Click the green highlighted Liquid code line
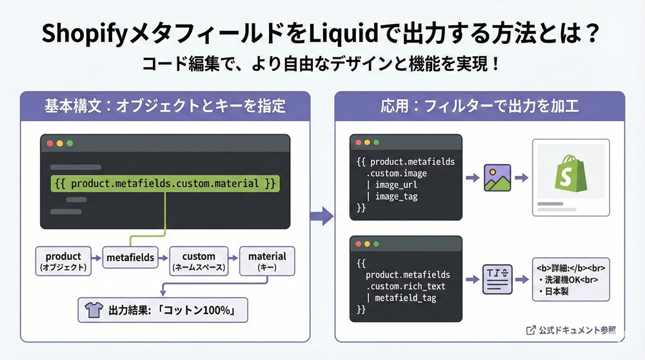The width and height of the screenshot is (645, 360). point(166,183)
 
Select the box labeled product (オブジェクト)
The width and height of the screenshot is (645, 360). point(63,261)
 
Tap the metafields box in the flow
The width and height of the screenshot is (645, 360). point(130,257)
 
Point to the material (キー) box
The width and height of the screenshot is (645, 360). point(267,261)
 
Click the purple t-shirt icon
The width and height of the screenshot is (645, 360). point(90,311)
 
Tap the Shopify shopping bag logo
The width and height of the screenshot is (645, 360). point(570,173)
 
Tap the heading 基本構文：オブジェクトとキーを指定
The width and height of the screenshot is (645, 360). point(164,106)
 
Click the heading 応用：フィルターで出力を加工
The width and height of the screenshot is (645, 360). point(480,106)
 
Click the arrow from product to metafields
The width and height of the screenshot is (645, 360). point(95,258)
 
